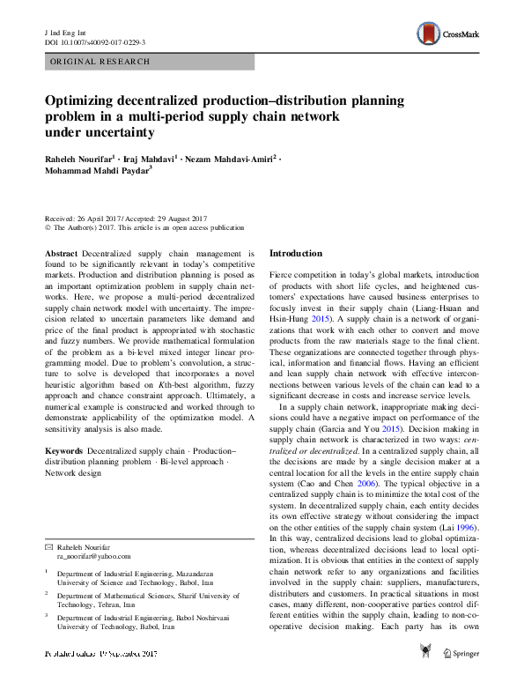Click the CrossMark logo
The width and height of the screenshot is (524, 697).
tap(448, 34)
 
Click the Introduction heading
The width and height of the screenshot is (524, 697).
tap(295, 254)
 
